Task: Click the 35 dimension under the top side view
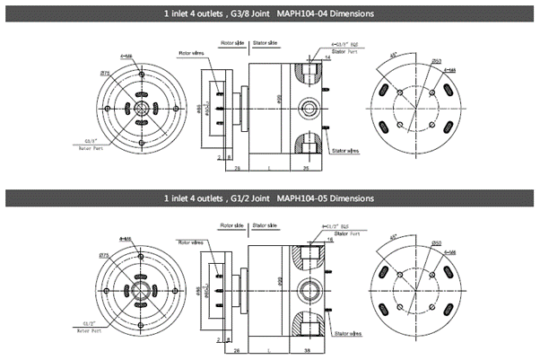click(x=304, y=168)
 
